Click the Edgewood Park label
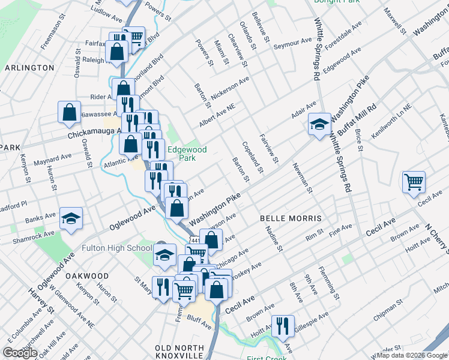pyautogui.click(x=187, y=154)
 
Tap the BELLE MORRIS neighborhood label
pyautogui.click(x=291, y=218)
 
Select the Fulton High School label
pyautogui.click(x=116, y=248)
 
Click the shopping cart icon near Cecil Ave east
pyautogui.click(x=414, y=182)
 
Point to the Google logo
pyautogui.click(x=20, y=353)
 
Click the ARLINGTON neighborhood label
pyautogui.click(x=29, y=68)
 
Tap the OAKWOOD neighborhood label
pyautogui.click(x=87, y=276)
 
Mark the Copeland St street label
pyautogui.click(x=253, y=158)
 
